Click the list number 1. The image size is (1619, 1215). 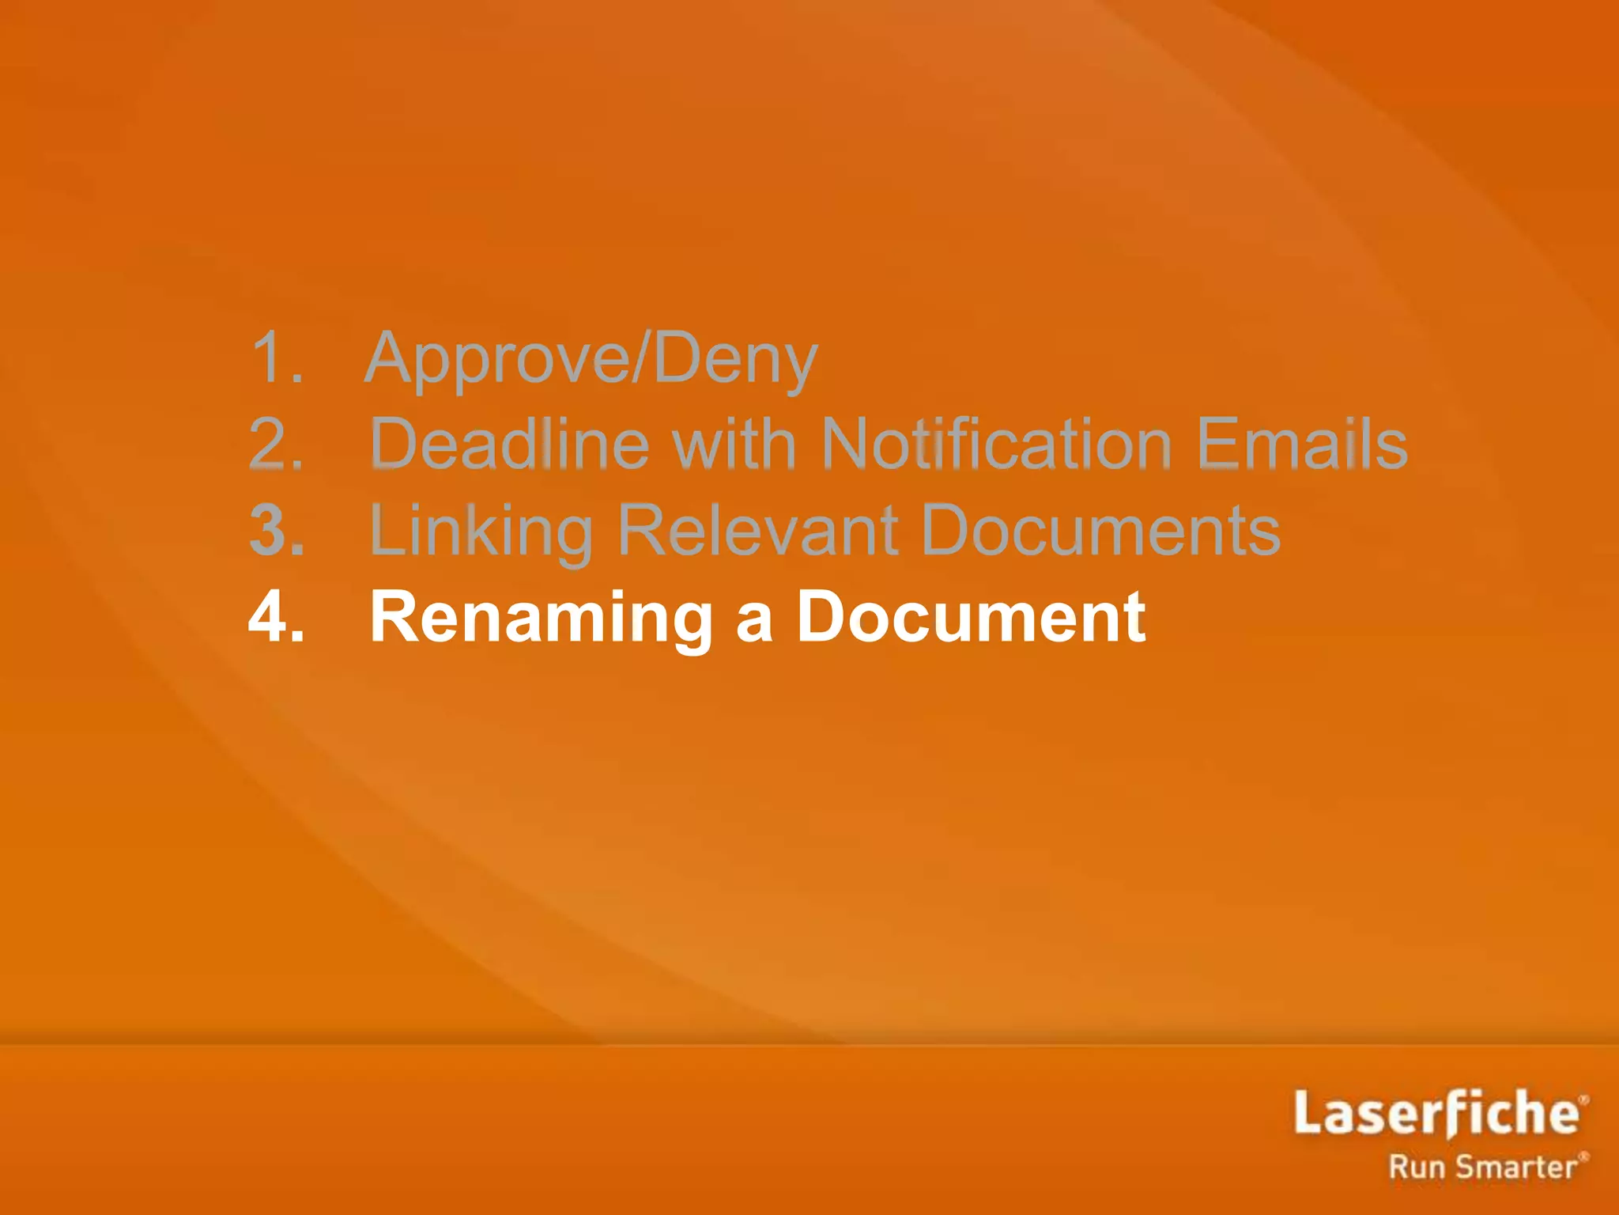tap(276, 358)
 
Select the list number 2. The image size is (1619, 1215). tap(276, 444)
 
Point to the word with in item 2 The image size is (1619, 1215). tap(734, 444)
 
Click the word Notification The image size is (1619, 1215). tap(996, 444)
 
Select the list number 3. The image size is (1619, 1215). tap(276, 530)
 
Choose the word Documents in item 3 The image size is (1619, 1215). tap(1100, 530)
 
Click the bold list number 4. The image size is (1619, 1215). tap(276, 616)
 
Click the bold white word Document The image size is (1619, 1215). tap(971, 616)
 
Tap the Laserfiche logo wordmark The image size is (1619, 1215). tap(1435, 1113)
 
